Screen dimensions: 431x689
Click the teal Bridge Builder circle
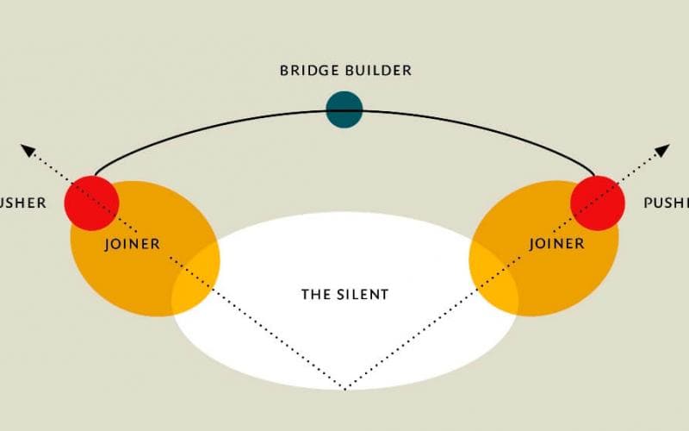tap(344, 109)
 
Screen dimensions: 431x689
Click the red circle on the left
tap(91, 203)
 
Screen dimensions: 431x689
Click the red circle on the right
tap(597, 203)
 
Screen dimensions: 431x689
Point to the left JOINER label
tap(132, 244)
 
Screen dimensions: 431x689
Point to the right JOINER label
tap(556, 244)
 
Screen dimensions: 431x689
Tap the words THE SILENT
tap(344, 294)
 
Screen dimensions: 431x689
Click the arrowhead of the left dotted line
tap(28, 151)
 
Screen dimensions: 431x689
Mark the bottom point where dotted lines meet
tap(344, 389)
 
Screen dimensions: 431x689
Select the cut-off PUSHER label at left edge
tap(22, 203)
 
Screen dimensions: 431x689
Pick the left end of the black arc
tap(94, 175)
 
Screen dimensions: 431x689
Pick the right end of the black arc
tap(595, 175)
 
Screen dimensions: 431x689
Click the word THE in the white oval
tap(312, 294)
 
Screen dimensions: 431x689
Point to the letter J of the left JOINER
tap(107, 245)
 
